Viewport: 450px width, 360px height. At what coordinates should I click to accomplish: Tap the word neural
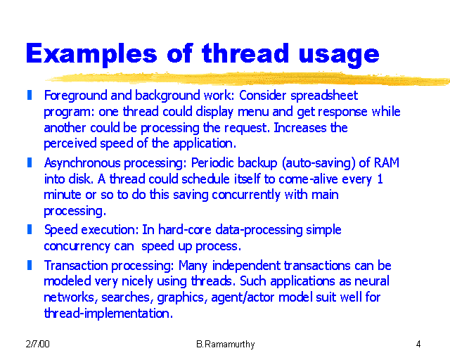[373, 282]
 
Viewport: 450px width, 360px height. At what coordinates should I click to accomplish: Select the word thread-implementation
[108, 314]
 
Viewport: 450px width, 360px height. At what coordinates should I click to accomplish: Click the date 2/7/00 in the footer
[37, 345]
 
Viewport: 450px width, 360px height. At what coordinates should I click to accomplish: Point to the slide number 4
[418, 345]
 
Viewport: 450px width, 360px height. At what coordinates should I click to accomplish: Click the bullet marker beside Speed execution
[30, 229]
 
